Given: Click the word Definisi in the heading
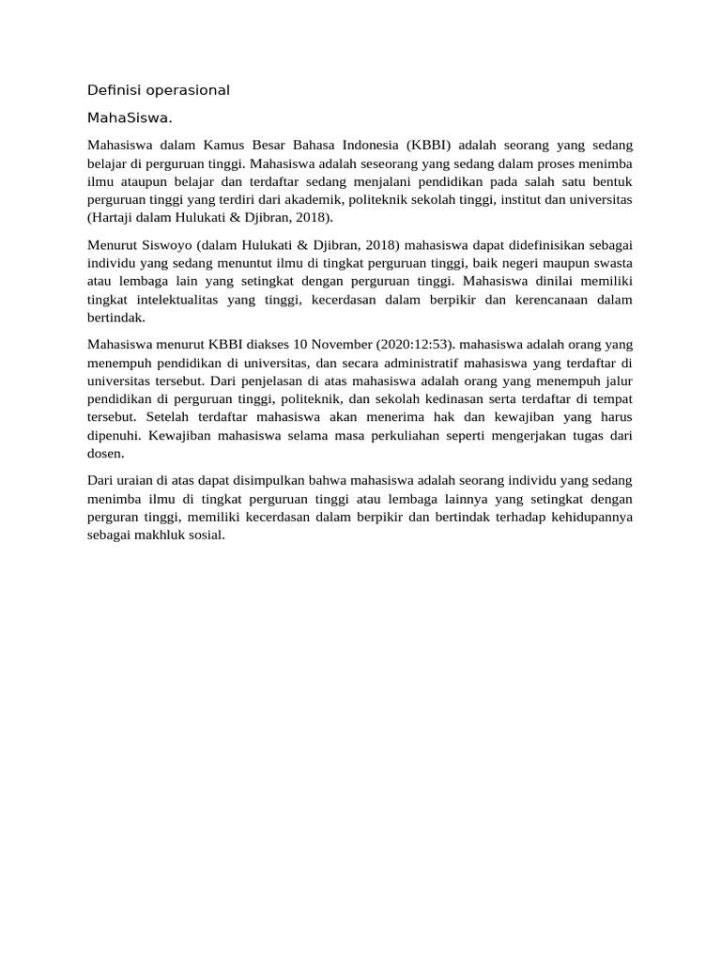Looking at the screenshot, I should [x=110, y=90].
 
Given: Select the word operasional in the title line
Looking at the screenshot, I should [x=183, y=90].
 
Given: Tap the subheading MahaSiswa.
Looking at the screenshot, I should [x=130, y=118].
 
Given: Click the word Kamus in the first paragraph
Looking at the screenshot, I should [x=224, y=146].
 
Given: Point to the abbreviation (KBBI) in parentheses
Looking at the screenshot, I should [x=429, y=146].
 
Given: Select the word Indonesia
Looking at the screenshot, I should [x=363, y=146].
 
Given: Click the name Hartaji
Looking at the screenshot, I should [x=119, y=217].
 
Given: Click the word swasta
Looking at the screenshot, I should [x=610, y=263].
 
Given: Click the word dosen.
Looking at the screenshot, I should [x=105, y=452].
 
